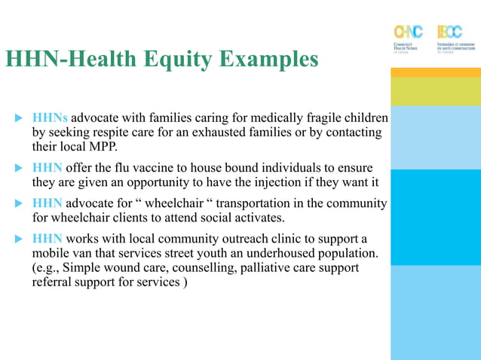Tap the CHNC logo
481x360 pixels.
(x=409, y=38)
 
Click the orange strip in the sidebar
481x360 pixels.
(x=435, y=72)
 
